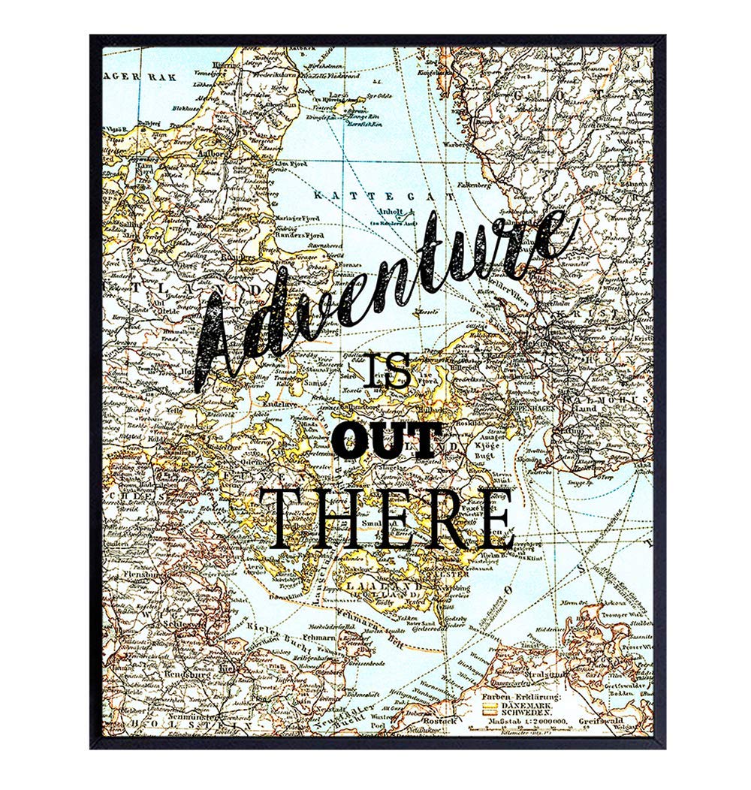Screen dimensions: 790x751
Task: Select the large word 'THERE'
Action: [x=391, y=518]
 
